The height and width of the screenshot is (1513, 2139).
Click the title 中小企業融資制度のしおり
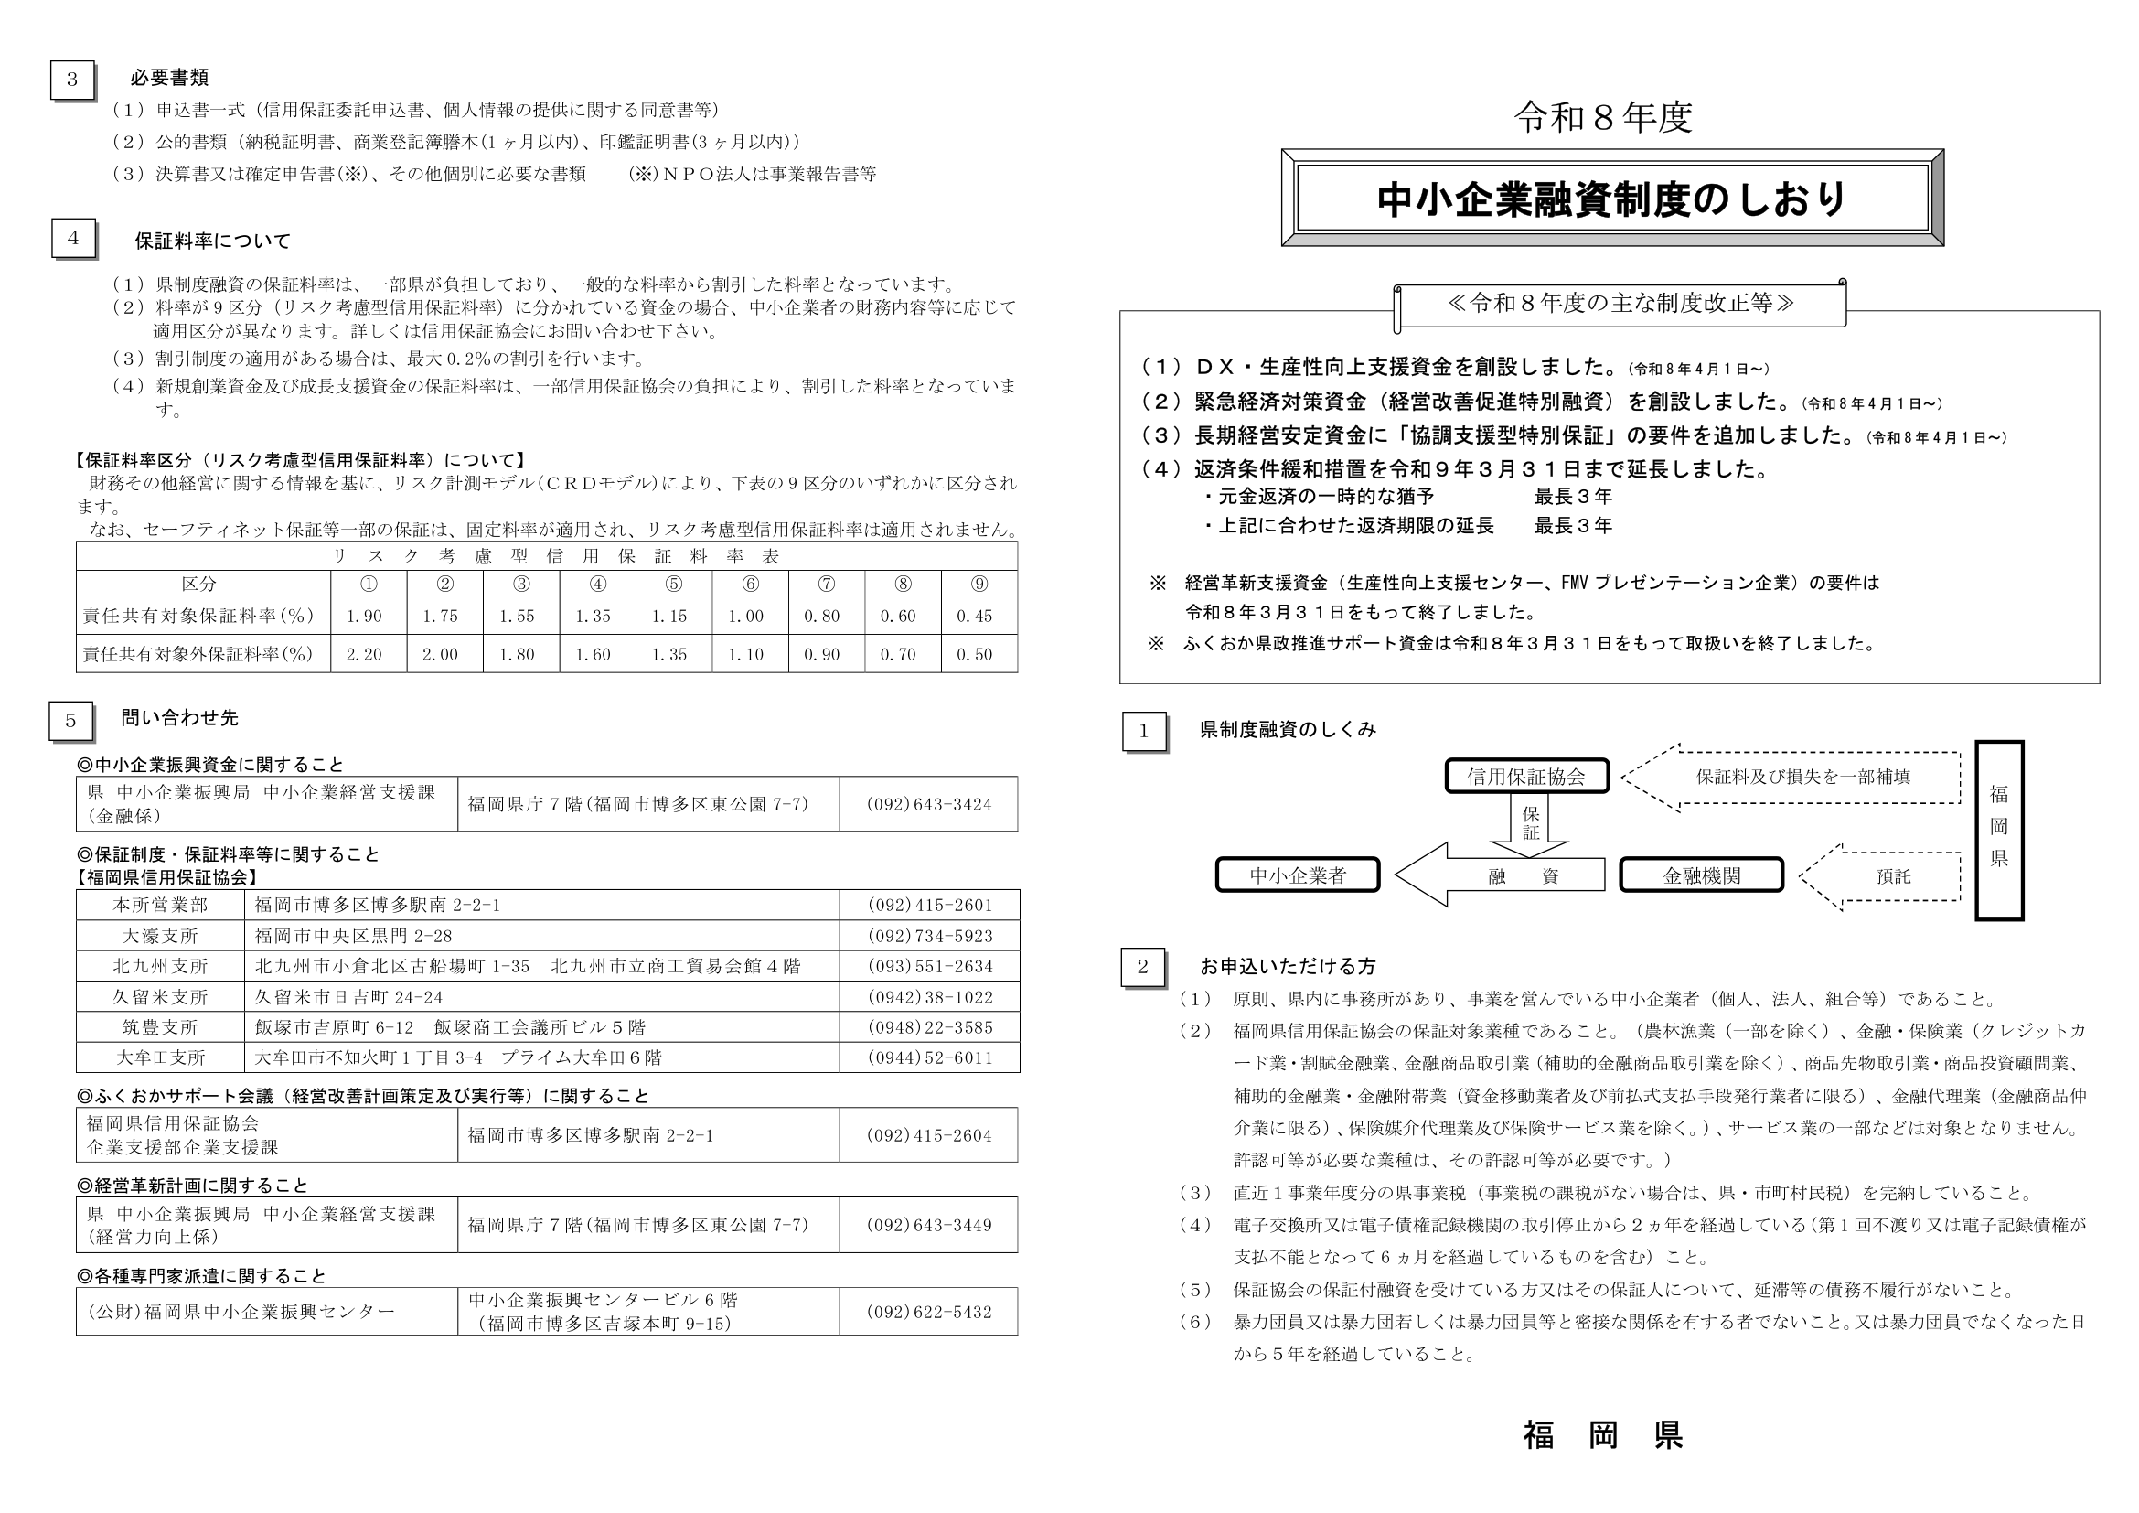pyautogui.click(x=1611, y=199)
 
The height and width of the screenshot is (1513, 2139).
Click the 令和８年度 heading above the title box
pyautogui.click(x=1602, y=117)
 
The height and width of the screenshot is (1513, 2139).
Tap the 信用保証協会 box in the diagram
pyautogui.click(x=1526, y=776)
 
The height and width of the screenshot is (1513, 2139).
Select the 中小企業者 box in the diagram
pyautogui.click(x=1297, y=875)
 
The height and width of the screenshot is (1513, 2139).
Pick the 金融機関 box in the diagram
pyautogui.click(x=1701, y=875)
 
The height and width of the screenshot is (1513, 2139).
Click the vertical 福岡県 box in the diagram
pyautogui.click(x=1998, y=830)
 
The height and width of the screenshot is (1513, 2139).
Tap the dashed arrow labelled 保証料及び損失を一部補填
pyautogui.click(x=1798, y=777)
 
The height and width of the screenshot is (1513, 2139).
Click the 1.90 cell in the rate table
pyautogui.click(x=364, y=616)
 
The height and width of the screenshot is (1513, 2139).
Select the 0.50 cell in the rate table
pyautogui.click(x=976, y=654)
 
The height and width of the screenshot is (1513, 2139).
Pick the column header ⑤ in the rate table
pyautogui.click(x=674, y=585)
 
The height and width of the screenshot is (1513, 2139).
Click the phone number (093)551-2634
pyautogui.click(x=930, y=966)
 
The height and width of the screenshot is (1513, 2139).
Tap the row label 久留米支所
pyautogui.click(x=160, y=997)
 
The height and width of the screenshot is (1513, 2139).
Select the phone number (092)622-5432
pyautogui.click(x=930, y=1312)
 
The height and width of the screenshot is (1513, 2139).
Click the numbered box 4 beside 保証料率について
pyautogui.click(x=73, y=238)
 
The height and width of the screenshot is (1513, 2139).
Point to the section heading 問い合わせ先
pyautogui.click(x=180, y=717)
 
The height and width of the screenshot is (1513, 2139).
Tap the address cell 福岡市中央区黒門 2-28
pyautogui.click(x=354, y=936)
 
